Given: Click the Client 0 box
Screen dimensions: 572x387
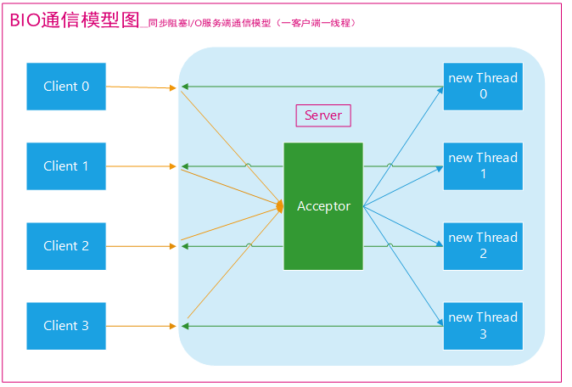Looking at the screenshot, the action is [66, 87].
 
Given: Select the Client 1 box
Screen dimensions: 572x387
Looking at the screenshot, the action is [66, 166].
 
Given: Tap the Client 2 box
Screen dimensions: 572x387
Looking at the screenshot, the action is [66, 246].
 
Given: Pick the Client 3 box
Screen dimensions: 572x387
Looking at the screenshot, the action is [66, 326].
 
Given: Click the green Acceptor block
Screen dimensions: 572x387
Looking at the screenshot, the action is [323, 206].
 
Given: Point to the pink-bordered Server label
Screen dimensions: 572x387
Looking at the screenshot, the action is [323, 115].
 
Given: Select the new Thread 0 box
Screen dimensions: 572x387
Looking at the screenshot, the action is [483, 87].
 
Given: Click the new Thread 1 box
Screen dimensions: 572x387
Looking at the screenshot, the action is [483, 166].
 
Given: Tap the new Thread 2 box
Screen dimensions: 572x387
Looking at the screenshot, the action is [483, 246].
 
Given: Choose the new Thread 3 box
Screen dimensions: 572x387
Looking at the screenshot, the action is [483, 326].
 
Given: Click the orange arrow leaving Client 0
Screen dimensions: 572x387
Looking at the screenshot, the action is [141, 87].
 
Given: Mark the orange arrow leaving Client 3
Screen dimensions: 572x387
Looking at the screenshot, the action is [141, 326].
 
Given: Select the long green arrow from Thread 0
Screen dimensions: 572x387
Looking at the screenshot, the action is [312, 87].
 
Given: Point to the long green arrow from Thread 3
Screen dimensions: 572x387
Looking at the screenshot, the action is [312, 326].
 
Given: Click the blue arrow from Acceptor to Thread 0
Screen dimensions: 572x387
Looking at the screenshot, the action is [403, 147].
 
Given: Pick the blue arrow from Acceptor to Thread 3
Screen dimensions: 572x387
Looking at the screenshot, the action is [403, 266].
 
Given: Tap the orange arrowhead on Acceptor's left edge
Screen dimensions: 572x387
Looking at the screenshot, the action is [280, 206].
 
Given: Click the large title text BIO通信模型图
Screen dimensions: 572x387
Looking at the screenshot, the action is [75, 20].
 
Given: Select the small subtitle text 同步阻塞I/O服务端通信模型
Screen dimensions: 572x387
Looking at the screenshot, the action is [210, 24].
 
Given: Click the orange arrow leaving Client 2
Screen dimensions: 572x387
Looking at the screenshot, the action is [141, 246].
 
